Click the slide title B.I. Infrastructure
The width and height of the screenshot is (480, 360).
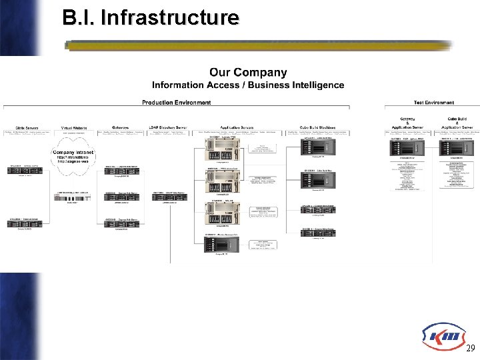(150, 17)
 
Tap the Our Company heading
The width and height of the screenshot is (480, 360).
(248, 73)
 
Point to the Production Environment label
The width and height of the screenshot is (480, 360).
(176, 103)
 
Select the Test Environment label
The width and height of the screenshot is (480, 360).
(429, 103)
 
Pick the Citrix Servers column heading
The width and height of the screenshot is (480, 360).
(22, 127)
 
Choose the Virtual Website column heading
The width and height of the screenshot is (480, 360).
(74, 127)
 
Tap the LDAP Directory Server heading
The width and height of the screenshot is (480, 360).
(167, 127)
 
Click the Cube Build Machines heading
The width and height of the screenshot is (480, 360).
(317, 127)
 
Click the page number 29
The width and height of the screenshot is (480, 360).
(470, 348)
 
